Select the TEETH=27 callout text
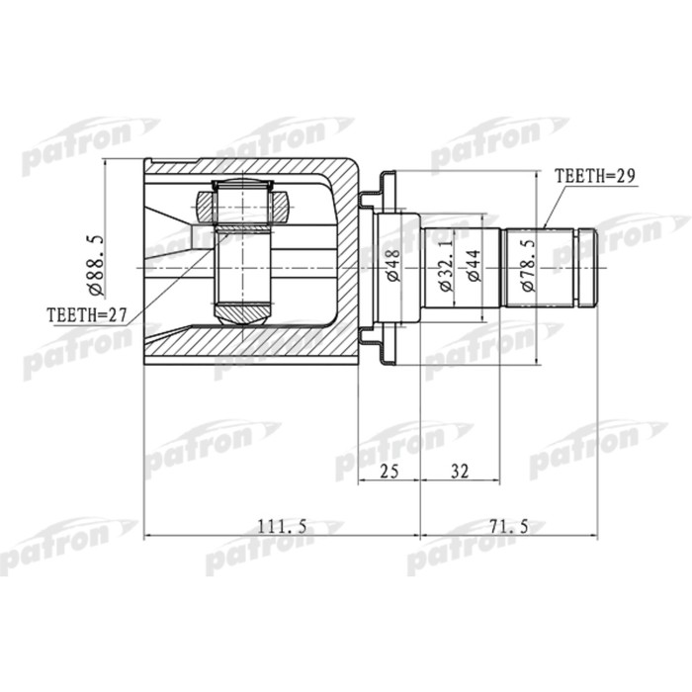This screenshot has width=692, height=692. [x=88, y=316]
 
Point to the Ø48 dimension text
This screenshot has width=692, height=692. [x=392, y=265]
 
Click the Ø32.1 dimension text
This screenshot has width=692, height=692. [x=445, y=265]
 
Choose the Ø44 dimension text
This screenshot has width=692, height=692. [x=474, y=265]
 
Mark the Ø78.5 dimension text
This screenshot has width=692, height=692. [x=528, y=265]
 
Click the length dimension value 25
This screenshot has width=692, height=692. [x=388, y=473]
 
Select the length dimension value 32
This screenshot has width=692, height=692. [x=458, y=473]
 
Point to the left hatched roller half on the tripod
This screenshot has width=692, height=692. [x=206, y=208]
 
